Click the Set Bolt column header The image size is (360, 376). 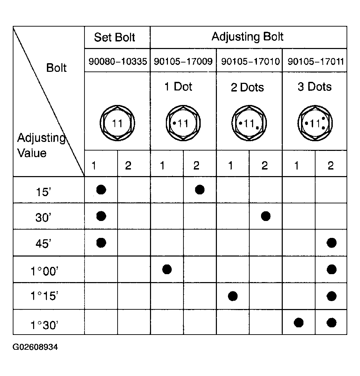pos(114,37)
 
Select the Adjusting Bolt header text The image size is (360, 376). pos(248,37)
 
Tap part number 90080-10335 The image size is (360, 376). pos(118,61)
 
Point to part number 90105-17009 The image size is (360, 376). pos(183,61)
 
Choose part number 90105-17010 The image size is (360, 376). pos(250,61)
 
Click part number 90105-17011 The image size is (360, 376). pos(316,61)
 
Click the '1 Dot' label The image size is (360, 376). pos(178,87)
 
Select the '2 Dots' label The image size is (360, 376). pos(247,87)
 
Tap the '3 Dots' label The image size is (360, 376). pos(314,87)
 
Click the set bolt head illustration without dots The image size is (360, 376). pos(117,123)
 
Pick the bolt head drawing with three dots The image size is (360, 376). pos(315,123)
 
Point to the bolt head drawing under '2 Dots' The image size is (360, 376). pos(249,123)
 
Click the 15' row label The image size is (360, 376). pos(43,192)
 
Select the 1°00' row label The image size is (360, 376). pos(44,271)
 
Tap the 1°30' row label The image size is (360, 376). pos(44,325)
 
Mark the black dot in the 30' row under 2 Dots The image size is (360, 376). pos(266,216)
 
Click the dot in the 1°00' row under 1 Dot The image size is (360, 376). pos(167,269)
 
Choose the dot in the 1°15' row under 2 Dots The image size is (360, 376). pos(233,296)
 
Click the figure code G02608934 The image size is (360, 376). pos(35,347)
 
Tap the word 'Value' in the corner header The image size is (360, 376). pos(32,153)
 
